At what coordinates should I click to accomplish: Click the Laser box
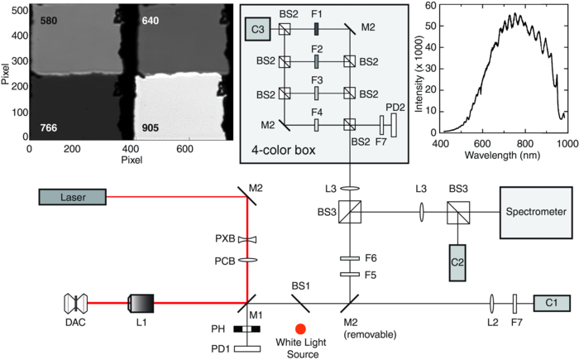click(73, 197)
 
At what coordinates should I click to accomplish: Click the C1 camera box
click(552, 302)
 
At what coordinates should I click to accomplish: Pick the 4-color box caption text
click(281, 151)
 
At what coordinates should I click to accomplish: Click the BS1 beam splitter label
click(301, 284)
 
